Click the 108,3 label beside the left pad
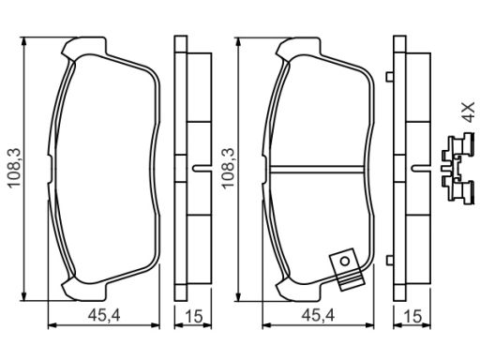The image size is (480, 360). coord(14,168)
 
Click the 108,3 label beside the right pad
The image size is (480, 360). coord(228,168)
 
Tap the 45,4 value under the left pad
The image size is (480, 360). coord(104,316)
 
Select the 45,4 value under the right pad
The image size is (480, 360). coord(318,316)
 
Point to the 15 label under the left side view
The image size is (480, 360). coord(194,316)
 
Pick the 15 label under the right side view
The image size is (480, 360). coord(412,316)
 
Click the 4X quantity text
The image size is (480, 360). coord(468,112)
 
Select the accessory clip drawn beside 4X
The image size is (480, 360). coord(457,169)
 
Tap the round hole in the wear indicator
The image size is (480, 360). coord(345,262)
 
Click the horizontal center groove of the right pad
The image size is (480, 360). coord(318,169)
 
